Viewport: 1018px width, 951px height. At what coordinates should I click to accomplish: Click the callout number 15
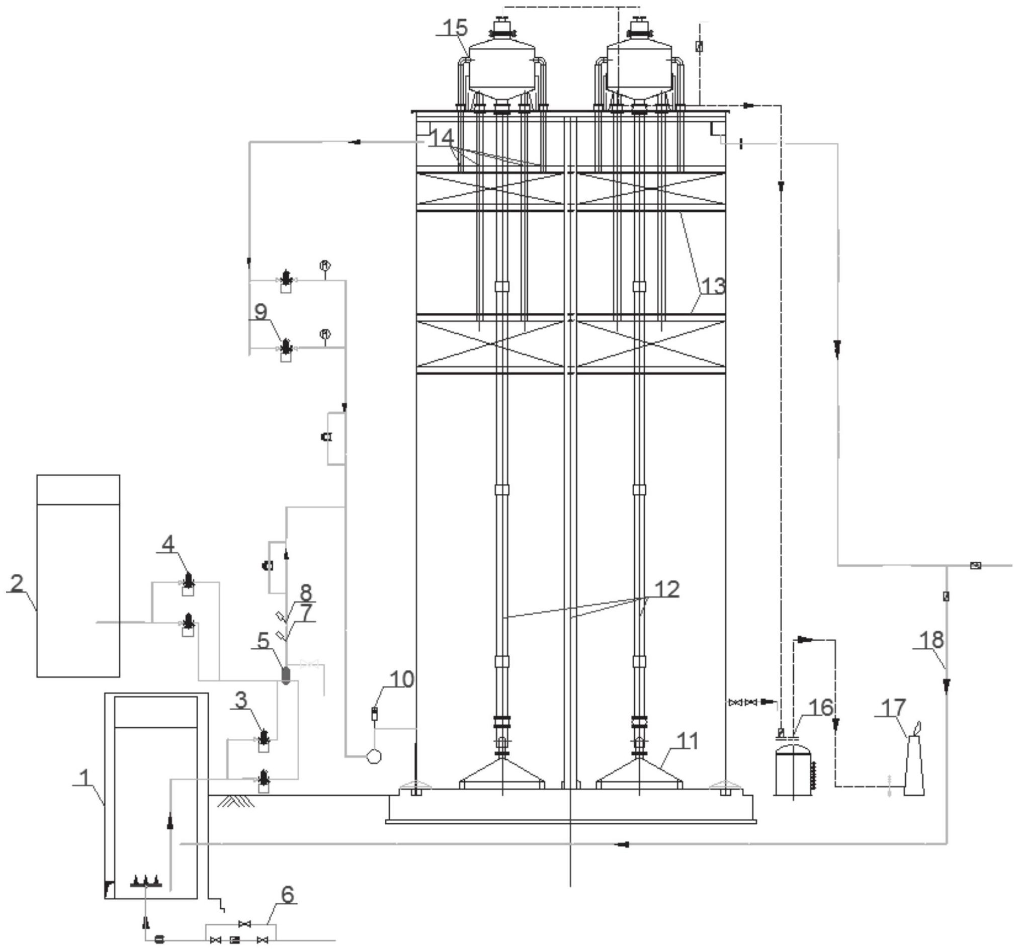pyautogui.click(x=455, y=28)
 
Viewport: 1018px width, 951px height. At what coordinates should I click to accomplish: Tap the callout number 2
pyautogui.click(x=17, y=583)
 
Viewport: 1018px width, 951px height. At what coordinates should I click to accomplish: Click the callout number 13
pyautogui.click(x=713, y=286)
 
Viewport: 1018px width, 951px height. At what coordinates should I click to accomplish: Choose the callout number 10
pyautogui.click(x=402, y=679)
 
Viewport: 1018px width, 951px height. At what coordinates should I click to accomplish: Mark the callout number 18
pyautogui.click(x=931, y=640)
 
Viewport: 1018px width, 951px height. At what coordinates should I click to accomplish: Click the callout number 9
pyautogui.click(x=261, y=311)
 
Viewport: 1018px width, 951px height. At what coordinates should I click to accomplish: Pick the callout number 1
pyautogui.click(x=84, y=778)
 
